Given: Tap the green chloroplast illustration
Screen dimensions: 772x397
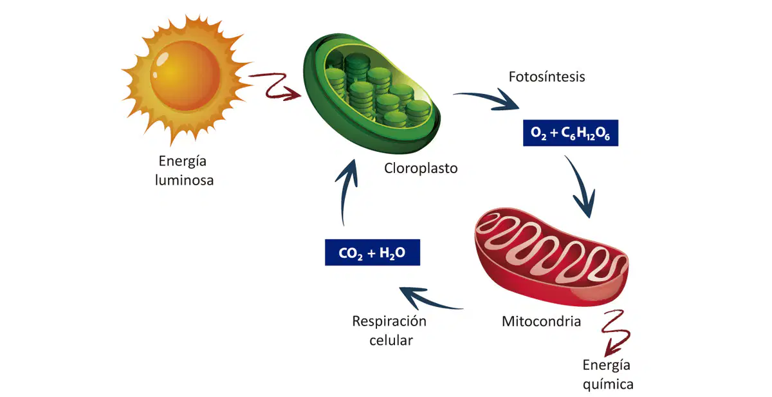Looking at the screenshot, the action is (372, 93).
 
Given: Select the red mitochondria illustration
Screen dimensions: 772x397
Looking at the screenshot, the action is (551, 257).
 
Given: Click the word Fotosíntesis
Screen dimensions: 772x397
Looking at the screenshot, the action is (547, 77).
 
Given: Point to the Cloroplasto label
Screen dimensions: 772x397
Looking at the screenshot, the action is (421, 168).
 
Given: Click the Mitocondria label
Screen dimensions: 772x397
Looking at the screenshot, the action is (541, 321).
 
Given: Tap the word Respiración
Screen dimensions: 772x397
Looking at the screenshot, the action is (389, 322).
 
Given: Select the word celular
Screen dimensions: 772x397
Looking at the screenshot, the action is (391, 340).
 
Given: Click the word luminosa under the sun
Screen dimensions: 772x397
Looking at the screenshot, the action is (184, 180).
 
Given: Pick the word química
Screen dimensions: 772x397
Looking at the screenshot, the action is (608, 385).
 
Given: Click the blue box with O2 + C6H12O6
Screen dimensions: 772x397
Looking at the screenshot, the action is (571, 133).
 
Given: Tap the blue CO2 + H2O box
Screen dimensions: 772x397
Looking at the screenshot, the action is (372, 252).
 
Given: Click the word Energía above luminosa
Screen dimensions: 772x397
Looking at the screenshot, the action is (182, 162).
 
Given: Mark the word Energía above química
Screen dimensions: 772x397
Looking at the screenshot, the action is (606, 365).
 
